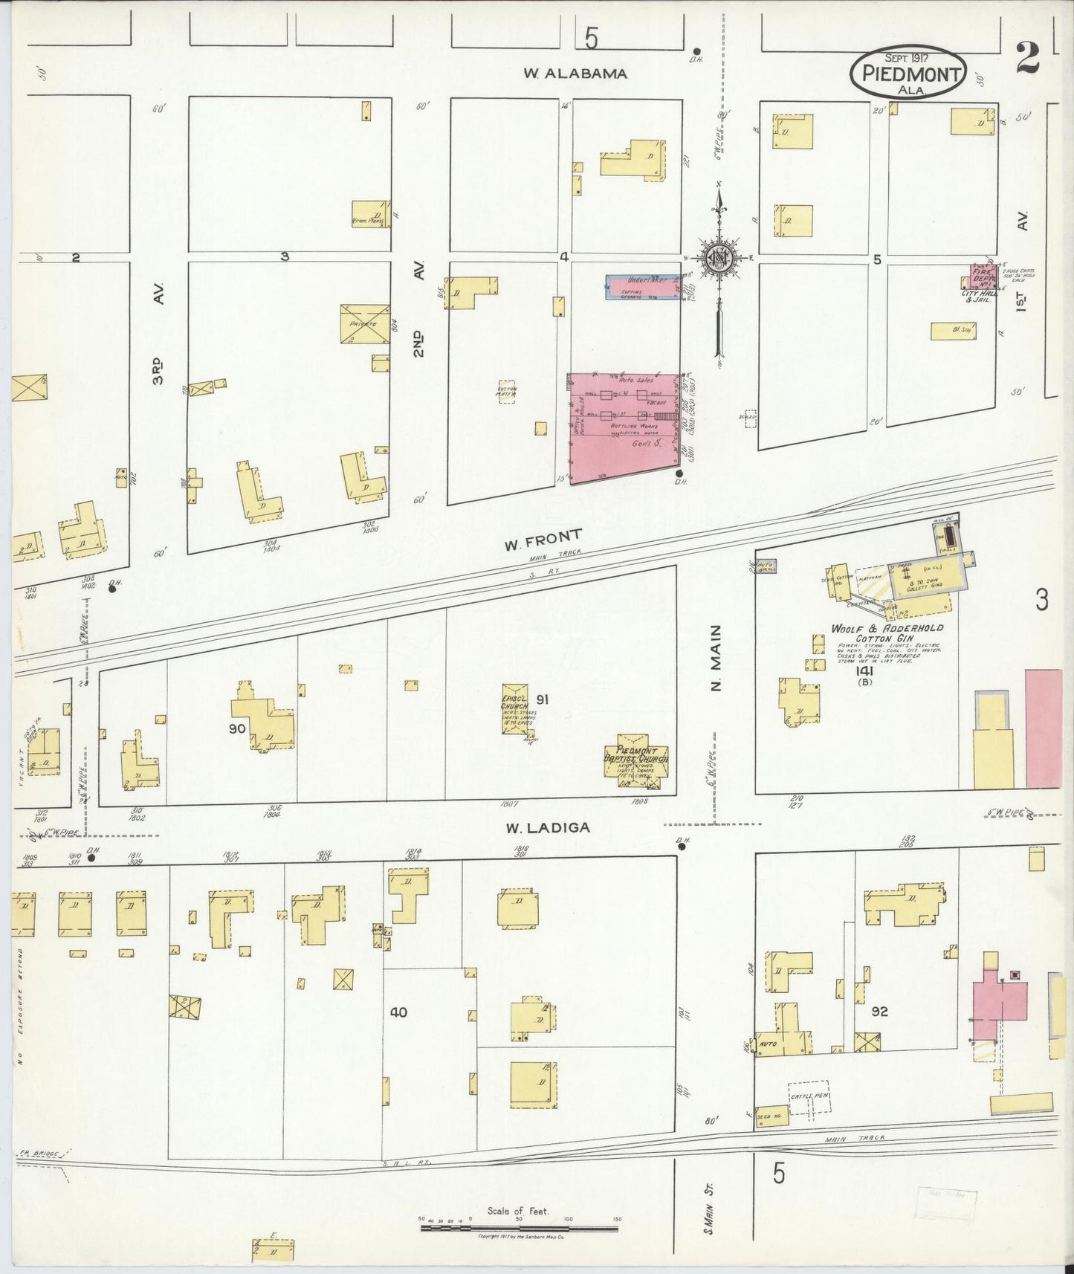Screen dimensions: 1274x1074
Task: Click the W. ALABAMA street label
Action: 575,74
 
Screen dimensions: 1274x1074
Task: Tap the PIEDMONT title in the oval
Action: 908,74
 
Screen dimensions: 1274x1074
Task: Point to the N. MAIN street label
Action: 716,667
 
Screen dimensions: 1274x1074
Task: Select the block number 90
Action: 236,729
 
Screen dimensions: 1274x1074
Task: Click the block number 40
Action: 398,1012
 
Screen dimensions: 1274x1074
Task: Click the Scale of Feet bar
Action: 519,1228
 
